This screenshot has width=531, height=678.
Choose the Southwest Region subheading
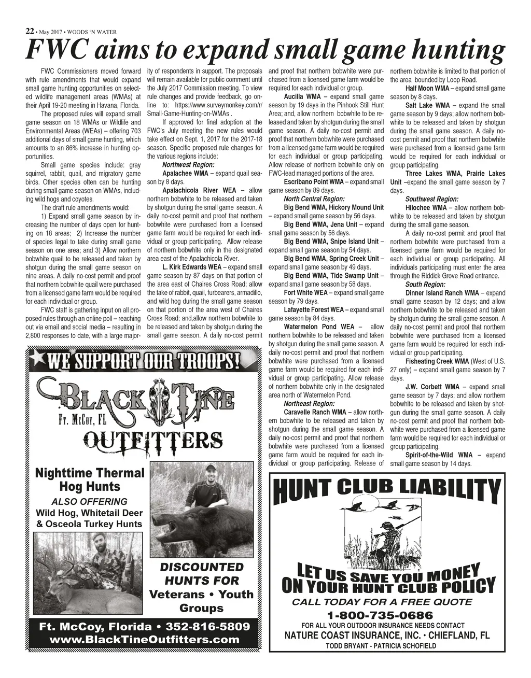point(431,199)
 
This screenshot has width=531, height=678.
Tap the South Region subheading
point(425,285)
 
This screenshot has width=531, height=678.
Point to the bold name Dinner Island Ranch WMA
point(442,293)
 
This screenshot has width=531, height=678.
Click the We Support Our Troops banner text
point(143,360)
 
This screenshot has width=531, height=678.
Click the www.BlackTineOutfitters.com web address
point(144,640)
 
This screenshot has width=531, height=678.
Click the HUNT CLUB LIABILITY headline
point(387,490)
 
